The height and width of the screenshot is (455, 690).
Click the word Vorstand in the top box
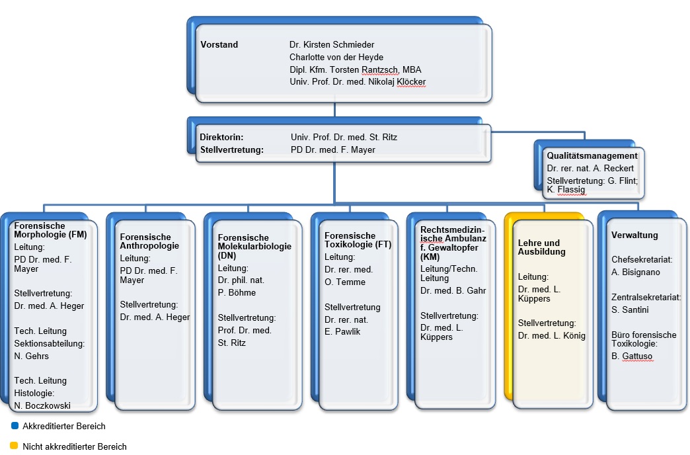click(219, 45)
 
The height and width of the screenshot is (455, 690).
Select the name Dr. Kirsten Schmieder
click(332, 45)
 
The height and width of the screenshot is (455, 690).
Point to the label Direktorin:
click(221, 138)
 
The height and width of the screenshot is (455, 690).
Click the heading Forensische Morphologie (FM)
click(51, 229)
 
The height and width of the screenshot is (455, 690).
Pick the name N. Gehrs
click(31, 356)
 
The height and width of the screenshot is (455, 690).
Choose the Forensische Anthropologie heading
click(145, 241)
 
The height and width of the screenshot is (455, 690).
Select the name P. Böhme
click(237, 293)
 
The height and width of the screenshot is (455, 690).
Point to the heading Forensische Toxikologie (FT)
click(358, 240)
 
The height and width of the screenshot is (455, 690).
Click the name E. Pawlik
click(342, 331)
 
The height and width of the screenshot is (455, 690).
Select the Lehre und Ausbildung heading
click(539, 247)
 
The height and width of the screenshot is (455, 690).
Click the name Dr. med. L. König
click(552, 336)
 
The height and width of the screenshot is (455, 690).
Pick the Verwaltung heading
click(634, 235)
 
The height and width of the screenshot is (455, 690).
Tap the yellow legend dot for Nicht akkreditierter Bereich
click(14, 446)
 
